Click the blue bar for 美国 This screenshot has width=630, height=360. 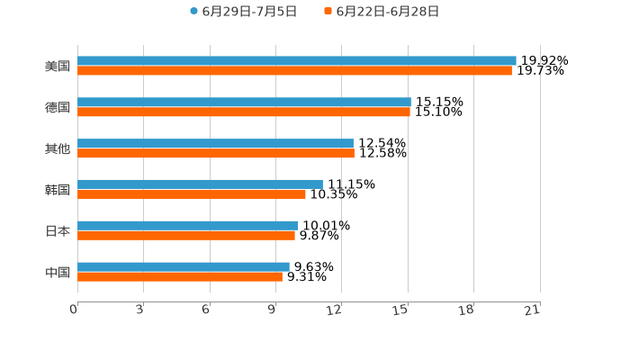tap(297, 61)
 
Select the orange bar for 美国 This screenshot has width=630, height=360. tap(294, 71)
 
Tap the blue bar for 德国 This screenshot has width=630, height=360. tap(244, 103)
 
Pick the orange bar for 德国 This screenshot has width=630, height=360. tap(244, 112)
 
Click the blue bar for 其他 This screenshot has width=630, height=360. tap(215, 144)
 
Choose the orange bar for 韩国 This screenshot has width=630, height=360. tap(192, 194)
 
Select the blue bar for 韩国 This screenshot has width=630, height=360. tap(200, 184)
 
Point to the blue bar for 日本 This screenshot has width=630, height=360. tap(188, 226)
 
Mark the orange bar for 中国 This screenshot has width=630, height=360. tap(180, 277)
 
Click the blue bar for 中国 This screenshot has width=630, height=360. tap(184, 267)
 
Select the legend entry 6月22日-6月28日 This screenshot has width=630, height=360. tap(388, 12)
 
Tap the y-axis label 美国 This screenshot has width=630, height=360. tap(58, 67)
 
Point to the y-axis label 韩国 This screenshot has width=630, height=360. tap(58, 190)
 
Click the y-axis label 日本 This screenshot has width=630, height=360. tap(58, 231)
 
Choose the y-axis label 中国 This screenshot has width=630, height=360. tap(58, 273)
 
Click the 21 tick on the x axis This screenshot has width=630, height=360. tap(532, 310)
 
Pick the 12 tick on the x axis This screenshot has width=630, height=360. tap(335, 310)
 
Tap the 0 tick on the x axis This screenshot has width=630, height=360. tap(75, 310)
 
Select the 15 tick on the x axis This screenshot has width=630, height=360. tap(400, 310)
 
